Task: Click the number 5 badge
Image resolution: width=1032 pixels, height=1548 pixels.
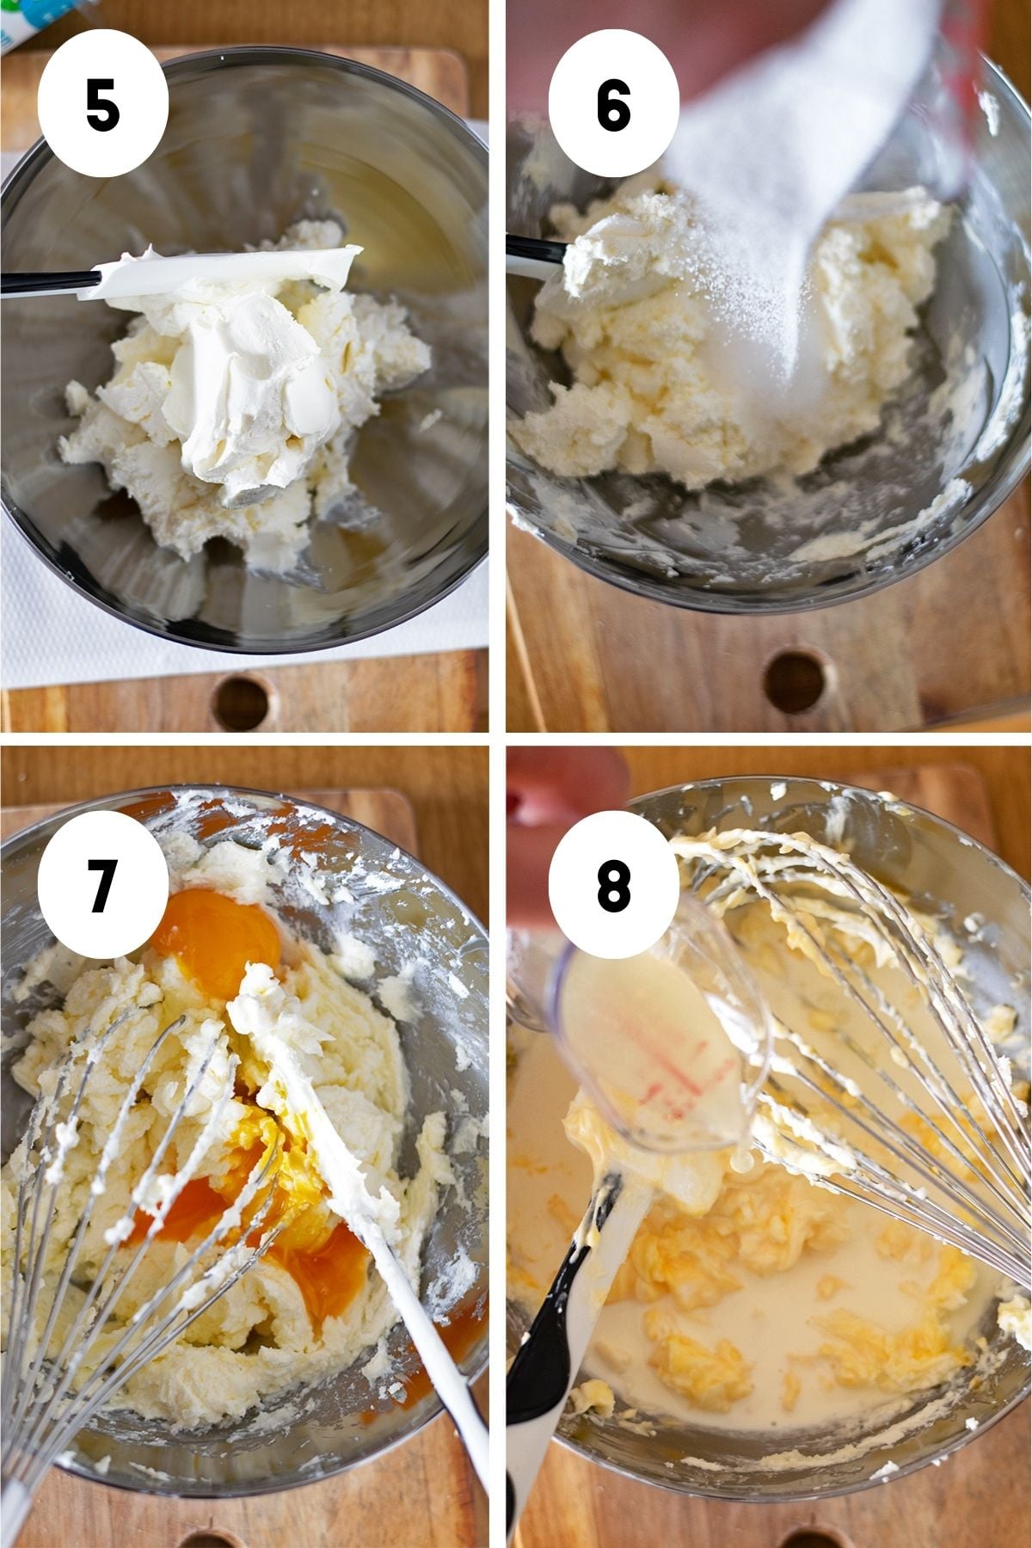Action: [x=103, y=105]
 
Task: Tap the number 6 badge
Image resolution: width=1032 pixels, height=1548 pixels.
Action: [x=614, y=105]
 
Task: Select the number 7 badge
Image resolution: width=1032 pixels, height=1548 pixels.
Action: [x=103, y=885]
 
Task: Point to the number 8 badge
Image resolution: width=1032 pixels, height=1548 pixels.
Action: [x=614, y=885]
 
